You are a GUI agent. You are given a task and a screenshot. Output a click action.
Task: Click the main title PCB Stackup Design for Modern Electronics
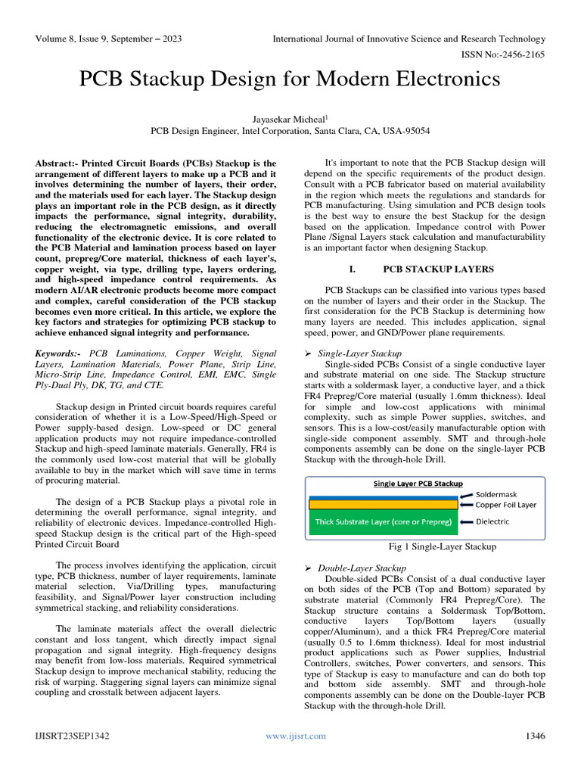pos(290,79)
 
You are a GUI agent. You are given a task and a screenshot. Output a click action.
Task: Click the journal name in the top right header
pos(409,39)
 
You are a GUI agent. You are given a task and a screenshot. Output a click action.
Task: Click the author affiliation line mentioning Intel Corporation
pos(290,131)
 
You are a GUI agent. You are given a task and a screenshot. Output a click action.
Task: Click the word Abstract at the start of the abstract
pos(56,163)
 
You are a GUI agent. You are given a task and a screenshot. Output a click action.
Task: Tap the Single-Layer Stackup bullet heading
pos(359,353)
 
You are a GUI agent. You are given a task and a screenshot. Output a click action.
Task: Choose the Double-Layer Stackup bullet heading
pos(362,568)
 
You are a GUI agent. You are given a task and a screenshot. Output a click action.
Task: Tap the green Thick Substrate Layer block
pos(384,522)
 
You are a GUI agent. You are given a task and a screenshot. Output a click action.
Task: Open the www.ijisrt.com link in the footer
pos(296,736)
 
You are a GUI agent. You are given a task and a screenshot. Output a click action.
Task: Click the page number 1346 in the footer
pos(535,736)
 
